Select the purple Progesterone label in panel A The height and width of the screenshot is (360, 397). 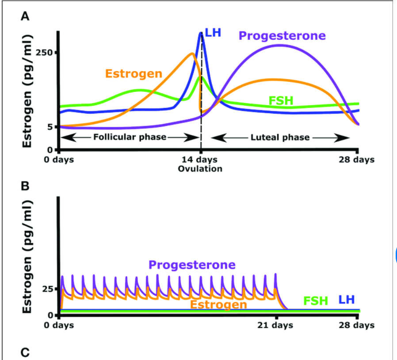point(282,36)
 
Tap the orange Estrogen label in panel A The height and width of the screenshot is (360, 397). point(134,73)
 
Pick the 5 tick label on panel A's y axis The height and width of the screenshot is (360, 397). point(50,126)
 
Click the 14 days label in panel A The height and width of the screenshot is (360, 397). point(201,160)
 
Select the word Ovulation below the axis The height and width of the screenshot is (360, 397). point(200,169)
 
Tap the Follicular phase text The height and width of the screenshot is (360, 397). point(130,137)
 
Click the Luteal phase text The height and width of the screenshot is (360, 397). point(280,137)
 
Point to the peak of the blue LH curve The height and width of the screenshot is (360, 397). point(201,33)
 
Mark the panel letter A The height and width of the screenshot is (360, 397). point(26,17)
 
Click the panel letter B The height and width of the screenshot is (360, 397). point(26,186)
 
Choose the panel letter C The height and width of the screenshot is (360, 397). point(26,352)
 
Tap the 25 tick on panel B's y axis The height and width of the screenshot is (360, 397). point(47,289)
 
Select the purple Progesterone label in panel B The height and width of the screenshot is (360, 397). point(192,265)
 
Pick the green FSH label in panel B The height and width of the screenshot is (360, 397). point(316,301)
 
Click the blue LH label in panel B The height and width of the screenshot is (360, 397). point(347,300)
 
